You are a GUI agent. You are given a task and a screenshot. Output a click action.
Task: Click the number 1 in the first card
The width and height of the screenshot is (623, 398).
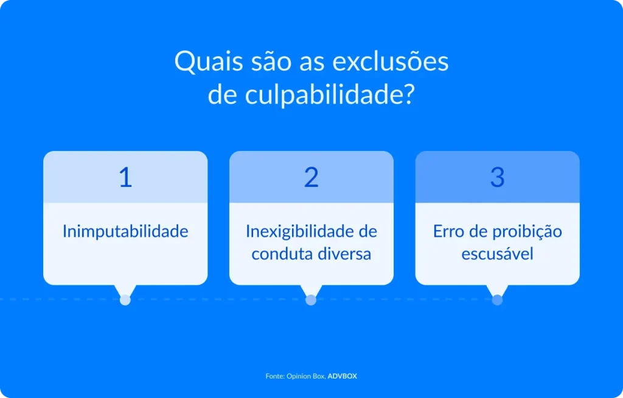click(125, 177)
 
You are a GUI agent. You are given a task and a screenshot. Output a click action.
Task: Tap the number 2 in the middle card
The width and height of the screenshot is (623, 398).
click(311, 177)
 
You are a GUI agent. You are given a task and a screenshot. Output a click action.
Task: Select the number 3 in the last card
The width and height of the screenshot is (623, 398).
click(497, 177)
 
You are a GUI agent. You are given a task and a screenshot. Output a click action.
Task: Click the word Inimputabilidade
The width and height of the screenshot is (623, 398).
click(125, 231)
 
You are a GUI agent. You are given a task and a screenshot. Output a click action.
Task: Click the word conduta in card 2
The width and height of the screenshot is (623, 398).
click(279, 254)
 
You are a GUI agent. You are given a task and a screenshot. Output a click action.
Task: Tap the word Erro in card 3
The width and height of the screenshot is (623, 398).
click(448, 231)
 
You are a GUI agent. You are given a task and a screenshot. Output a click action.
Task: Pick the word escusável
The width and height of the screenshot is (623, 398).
click(497, 254)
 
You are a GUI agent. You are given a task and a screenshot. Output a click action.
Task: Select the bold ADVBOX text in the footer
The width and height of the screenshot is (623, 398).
click(343, 376)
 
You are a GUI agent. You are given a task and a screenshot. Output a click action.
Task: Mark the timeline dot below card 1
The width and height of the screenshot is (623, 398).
click(125, 299)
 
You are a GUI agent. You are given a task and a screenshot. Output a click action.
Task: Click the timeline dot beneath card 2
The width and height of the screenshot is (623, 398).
click(311, 299)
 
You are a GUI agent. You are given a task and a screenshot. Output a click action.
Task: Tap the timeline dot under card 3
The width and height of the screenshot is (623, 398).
click(497, 299)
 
